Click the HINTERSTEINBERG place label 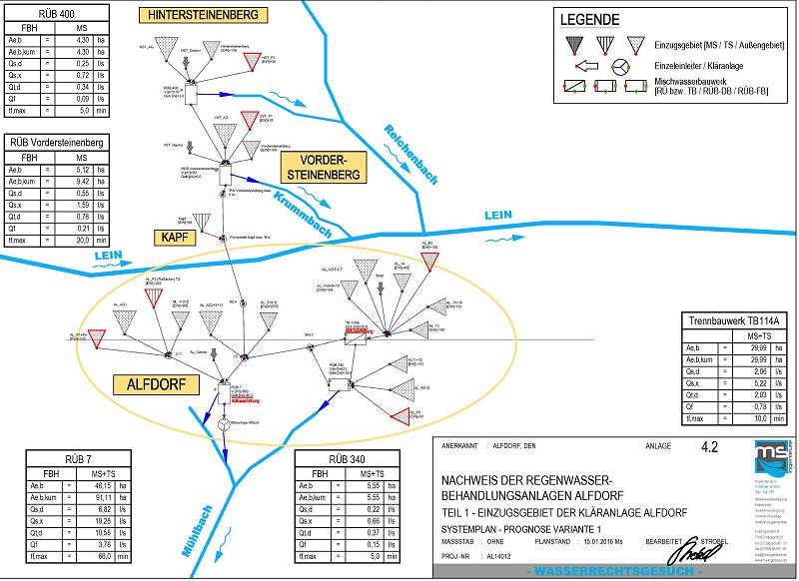(x=209, y=15)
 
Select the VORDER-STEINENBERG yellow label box (x=322, y=168)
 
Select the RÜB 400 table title (x=54, y=14)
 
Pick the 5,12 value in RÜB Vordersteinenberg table (x=84, y=169)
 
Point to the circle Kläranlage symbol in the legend (x=620, y=66)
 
